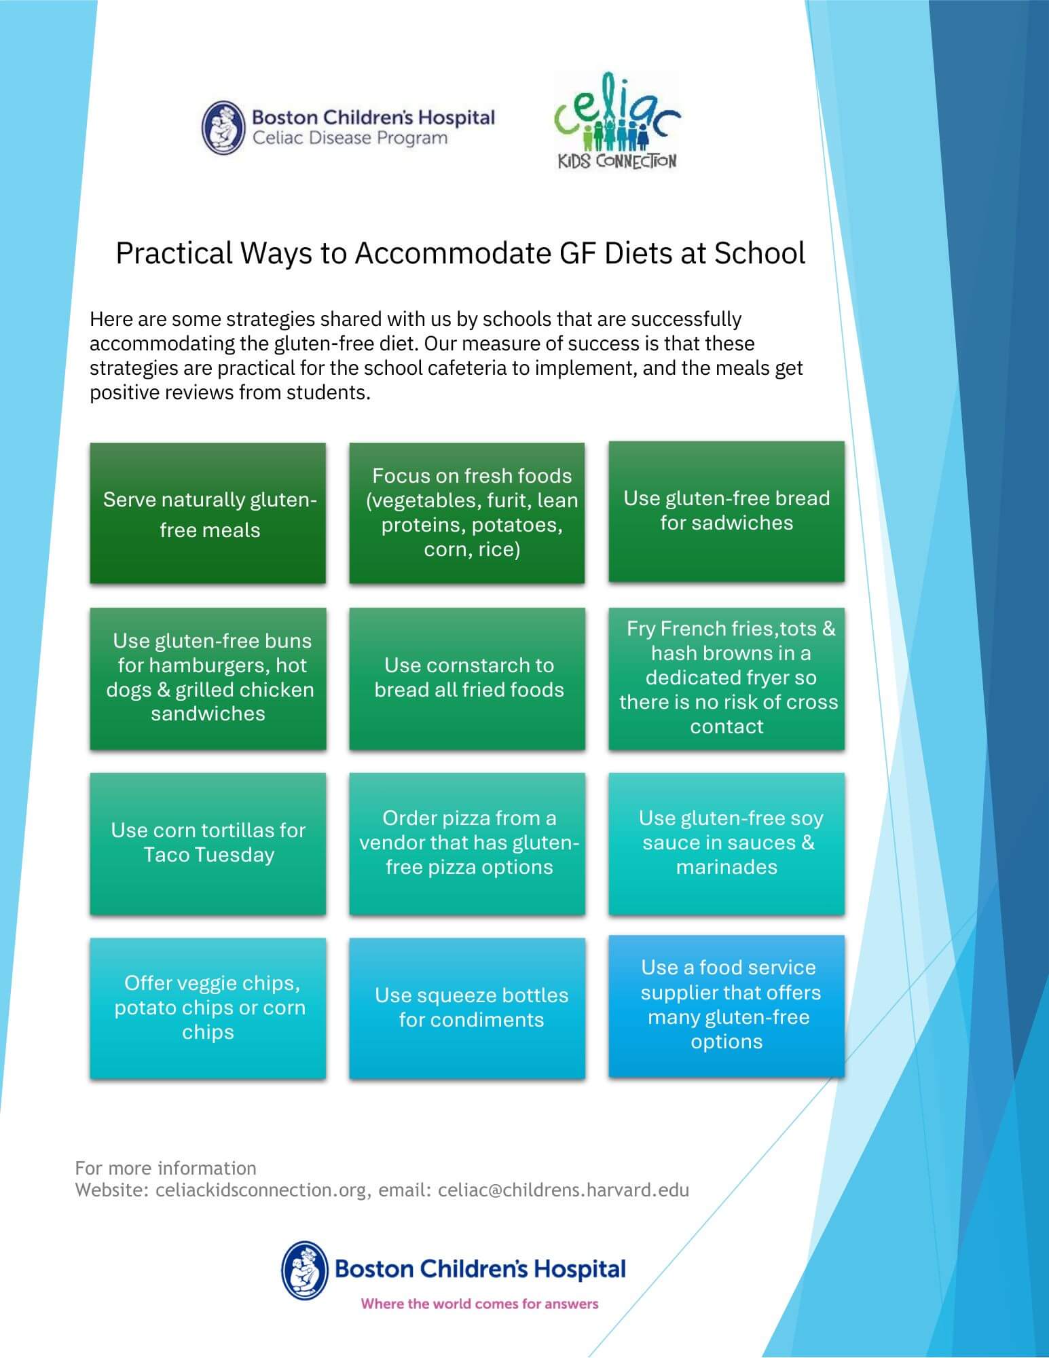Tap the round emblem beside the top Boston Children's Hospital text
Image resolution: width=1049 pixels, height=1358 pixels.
coord(223,127)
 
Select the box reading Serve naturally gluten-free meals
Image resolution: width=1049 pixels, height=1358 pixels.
coord(208,513)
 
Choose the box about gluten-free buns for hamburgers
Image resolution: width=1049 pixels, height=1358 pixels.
coord(208,678)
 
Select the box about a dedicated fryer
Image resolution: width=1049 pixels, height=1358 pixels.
coord(726,678)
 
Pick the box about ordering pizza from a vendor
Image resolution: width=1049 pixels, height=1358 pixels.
coord(467,843)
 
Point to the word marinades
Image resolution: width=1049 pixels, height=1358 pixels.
coord(726,868)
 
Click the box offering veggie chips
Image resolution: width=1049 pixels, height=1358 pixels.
coord(208,1008)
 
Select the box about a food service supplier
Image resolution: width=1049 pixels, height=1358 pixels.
coord(726,1005)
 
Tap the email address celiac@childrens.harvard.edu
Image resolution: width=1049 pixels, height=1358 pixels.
coord(564,1190)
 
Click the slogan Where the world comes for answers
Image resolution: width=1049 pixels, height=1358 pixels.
coord(479,1304)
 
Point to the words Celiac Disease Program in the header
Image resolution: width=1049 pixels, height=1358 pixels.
coord(350,139)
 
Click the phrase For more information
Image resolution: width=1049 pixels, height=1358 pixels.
coord(166,1168)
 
